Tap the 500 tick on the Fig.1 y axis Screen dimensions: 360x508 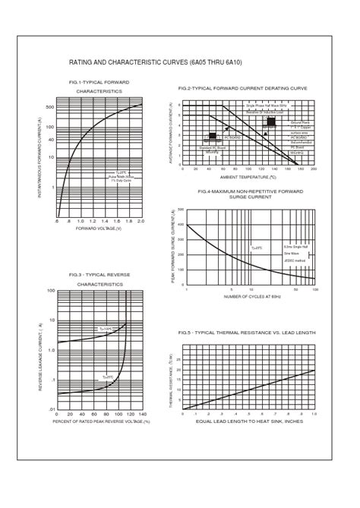pyautogui.click(x=49, y=106)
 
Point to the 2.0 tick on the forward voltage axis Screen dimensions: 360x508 pyautogui.click(x=141, y=221)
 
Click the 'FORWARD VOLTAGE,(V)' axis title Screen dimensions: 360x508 pyautogui.click(x=99, y=228)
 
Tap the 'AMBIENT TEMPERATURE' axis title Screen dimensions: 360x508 pyautogui.click(x=248, y=176)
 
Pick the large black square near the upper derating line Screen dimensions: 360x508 pyautogui.click(x=271, y=121)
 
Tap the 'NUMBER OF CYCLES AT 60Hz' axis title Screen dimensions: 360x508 pyautogui.click(x=251, y=296)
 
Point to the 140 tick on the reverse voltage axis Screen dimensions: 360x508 pyautogui.click(x=141, y=415)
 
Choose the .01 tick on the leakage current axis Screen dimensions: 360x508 pyautogui.click(x=51, y=409)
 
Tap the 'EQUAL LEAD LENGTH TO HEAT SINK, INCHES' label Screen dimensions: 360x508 pyautogui.click(x=250, y=420)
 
